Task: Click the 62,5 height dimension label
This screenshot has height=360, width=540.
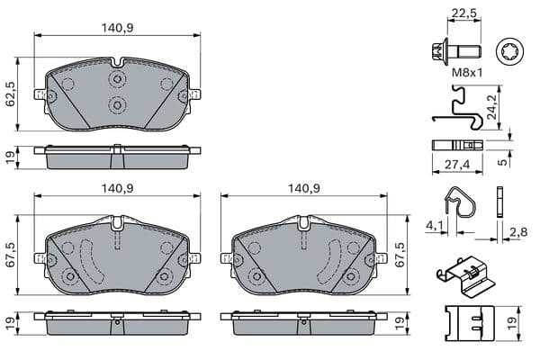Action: click(x=11, y=94)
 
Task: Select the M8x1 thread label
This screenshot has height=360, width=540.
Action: click(x=467, y=72)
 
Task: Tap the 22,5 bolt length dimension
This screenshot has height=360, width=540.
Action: click(x=463, y=13)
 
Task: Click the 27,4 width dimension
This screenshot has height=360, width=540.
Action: click(x=457, y=164)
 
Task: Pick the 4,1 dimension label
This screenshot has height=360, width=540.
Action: click(x=434, y=225)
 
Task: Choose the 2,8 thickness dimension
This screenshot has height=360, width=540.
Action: click(x=518, y=232)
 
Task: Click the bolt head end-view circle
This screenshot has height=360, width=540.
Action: click(x=509, y=51)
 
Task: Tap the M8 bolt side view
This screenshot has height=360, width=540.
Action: click(x=456, y=52)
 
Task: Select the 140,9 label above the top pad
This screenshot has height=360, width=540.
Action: click(x=117, y=28)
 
